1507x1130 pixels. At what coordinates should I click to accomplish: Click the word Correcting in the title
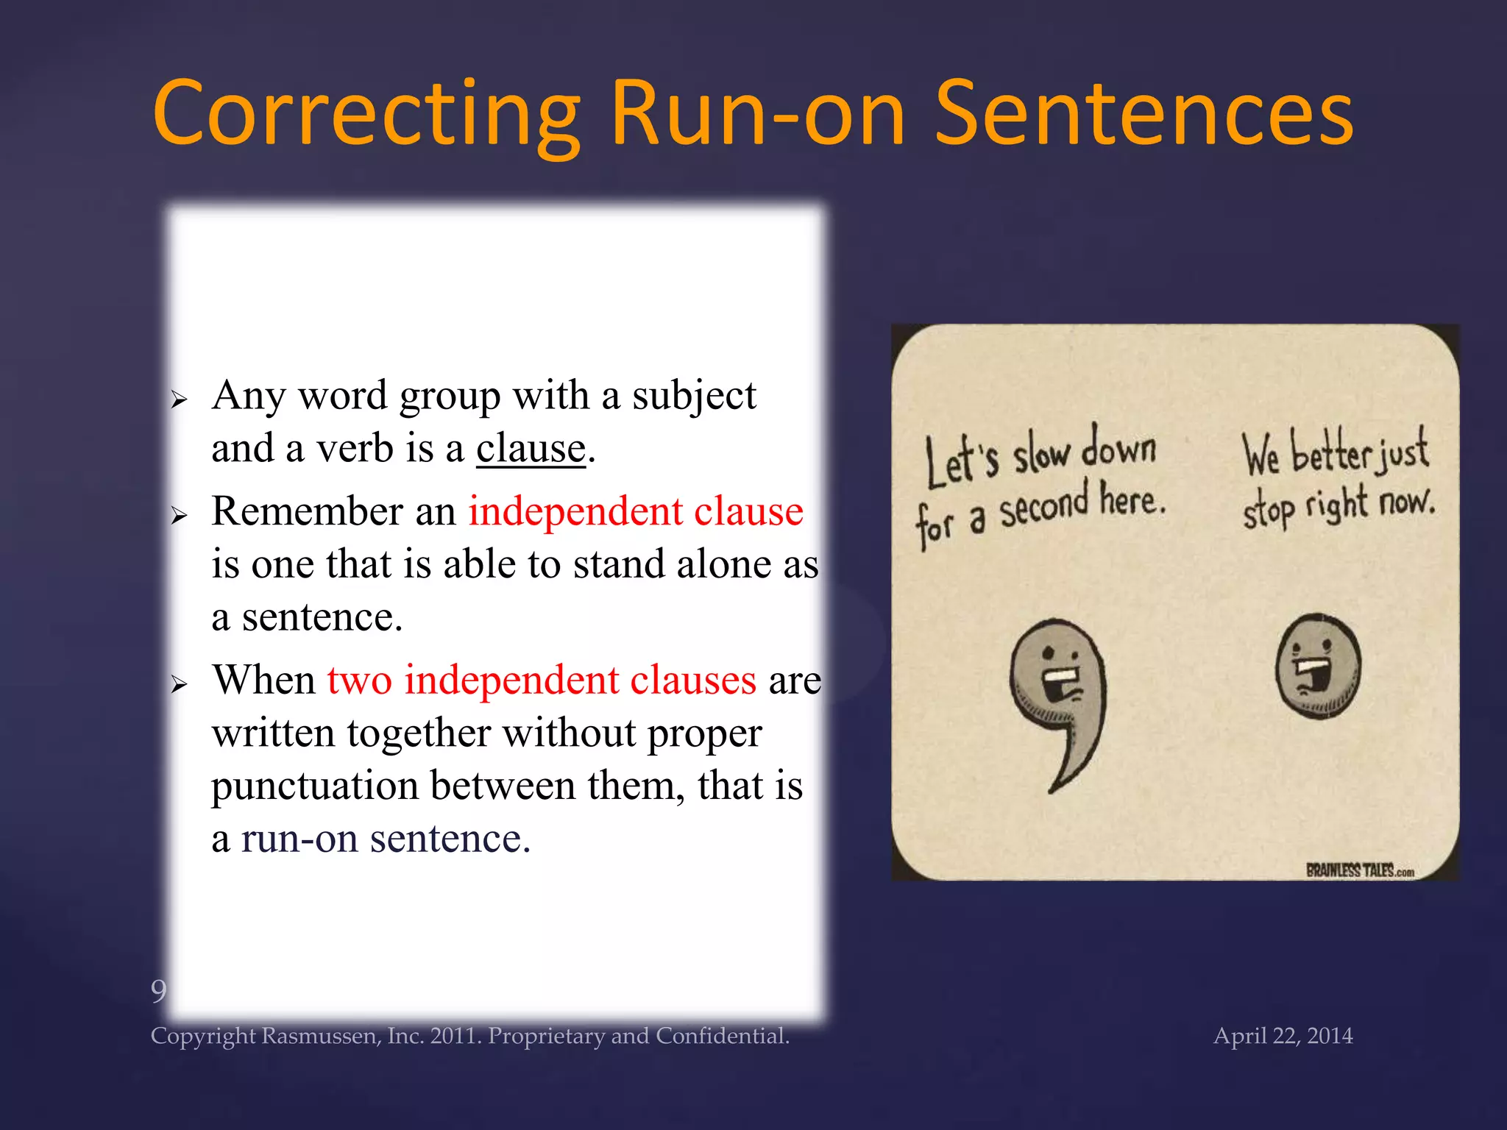pyautogui.click(x=366, y=114)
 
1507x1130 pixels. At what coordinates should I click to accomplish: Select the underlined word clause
pyautogui.click(x=531, y=448)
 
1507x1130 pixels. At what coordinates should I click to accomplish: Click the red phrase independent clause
pyautogui.click(x=636, y=511)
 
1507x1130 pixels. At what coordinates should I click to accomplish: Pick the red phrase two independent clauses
pyautogui.click(x=542, y=679)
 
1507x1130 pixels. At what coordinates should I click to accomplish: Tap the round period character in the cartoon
pyautogui.click(x=1318, y=667)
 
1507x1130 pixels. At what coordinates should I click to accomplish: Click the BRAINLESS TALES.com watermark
pyautogui.click(x=1359, y=871)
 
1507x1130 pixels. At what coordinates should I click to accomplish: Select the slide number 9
pyautogui.click(x=158, y=991)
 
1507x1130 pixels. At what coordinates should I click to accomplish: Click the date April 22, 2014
pyautogui.click(x=1283, y=1036)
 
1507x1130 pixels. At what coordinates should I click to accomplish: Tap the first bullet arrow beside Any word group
pyautogui.click(x=179, y=400)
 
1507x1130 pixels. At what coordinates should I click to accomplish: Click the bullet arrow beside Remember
pyautogui.click(x=179, y=516)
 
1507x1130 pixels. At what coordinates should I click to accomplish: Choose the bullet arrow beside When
pyautogui.click(x=179, y=685)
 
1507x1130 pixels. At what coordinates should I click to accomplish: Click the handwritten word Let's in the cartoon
pyautogui.click(x=961, y=462)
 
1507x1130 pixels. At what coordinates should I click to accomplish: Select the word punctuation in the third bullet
pyautogui.click(x=315, y=786)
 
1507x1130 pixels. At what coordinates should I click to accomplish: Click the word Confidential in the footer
pyautogui.click(x=722, y=1036)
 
